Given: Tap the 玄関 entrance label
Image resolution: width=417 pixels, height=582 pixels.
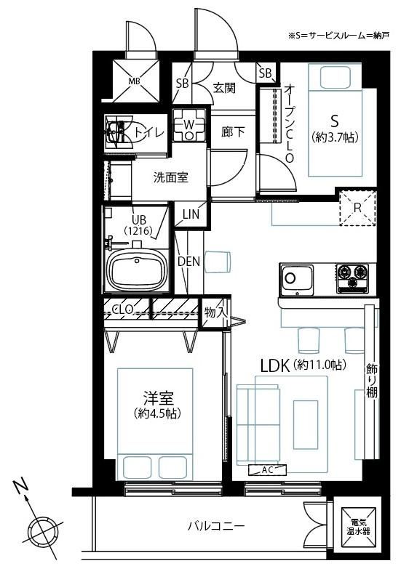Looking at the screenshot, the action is pyautogui.click(x=224, y=88).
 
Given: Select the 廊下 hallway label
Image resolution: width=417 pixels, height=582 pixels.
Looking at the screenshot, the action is pyautogui.click(x=233, y=132).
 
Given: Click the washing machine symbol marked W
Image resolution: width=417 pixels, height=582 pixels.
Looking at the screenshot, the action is pyautogui.click(x=188, y=125).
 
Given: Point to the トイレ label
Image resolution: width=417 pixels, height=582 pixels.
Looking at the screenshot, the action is pyautogui.click(x=149, y=132).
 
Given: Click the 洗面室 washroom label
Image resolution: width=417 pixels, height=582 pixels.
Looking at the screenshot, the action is pyautogui.click(x=171, y=178).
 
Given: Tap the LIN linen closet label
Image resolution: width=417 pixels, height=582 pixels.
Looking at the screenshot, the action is pyautogui.click(x=191, y=214).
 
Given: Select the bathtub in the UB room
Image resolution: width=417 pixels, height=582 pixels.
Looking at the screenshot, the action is pyautogui.click(x=137, y=269).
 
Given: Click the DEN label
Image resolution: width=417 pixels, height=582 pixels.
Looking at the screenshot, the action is pyautogui.click(x=188, y=262).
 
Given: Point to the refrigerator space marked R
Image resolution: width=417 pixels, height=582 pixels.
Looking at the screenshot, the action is pyautogui.click(x=357, y=208).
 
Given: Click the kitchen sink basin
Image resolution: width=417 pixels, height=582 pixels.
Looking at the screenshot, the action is pyautogui.click(x=297, y=280).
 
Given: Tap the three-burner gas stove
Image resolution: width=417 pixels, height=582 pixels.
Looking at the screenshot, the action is pyautogui.click(x=353, y=278).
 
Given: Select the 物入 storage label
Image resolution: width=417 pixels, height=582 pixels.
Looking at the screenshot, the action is pyautogui.click(x=215, y=312).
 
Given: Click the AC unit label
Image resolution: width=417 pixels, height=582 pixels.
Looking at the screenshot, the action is pyautogui.click(x=268, y=470).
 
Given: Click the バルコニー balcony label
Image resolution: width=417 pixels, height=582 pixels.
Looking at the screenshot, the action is pyautogui.click(x=216, y=526).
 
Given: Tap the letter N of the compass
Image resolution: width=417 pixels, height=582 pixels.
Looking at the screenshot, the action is pyautogui.click(x=21, y=485).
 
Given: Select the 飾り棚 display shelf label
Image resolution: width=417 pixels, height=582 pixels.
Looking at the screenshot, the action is pyautogui.click(x=372, y=381).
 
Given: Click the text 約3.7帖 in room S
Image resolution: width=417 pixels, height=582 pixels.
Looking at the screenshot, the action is pyautogui.click(x=335, y=138).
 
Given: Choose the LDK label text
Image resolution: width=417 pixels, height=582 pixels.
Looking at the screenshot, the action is pyautogui.click(x=274, y=367).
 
